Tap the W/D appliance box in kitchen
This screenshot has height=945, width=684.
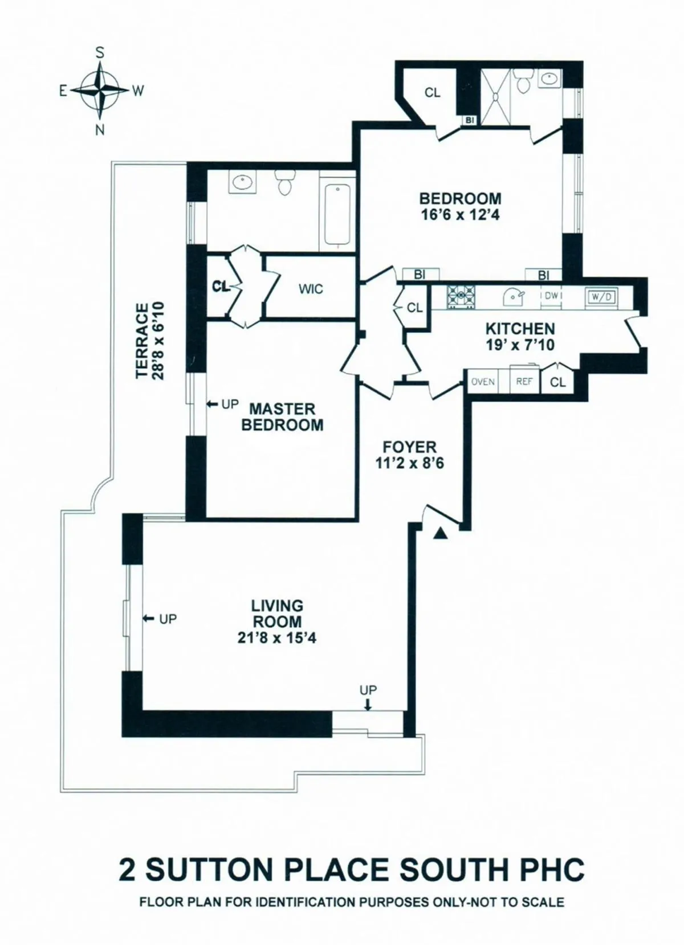coord(598,296)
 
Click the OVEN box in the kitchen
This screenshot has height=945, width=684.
coord(483,382)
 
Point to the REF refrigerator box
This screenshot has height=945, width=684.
coord(524,382)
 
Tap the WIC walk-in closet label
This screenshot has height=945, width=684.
coord(311,289)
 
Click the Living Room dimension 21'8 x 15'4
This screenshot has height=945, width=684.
coord(277,639)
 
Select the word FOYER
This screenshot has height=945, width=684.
coord(409,447)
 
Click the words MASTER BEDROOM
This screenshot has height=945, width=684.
coord(282,417)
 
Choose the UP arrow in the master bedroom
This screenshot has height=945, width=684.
coord(212,404)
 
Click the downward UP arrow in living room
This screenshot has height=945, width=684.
coord(368,705)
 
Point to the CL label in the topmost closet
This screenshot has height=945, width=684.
coord(433,92)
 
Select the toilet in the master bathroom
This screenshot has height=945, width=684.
coord(283,183)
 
